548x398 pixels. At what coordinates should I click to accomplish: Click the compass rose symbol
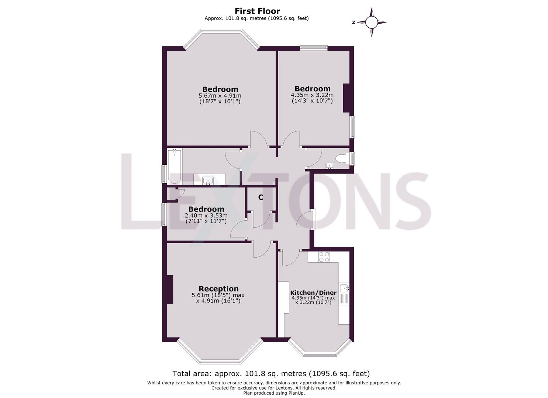click(x=372, y=22)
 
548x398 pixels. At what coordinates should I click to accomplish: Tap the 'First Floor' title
click(x=257, y=11)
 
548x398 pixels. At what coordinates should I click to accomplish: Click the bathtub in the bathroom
click(x=174, y=167)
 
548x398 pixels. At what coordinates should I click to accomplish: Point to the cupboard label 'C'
click(x=261, y=198)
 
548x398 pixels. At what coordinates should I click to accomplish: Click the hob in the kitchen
click(x=324, y=256)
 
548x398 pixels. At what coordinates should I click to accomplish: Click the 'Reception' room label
click(x=218, y=289)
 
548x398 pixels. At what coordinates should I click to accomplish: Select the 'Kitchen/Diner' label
click(x=313, y=293)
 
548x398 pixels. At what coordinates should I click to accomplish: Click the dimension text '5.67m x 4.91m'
click(x=220, y=95)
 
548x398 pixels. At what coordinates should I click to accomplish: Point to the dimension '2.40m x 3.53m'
click(x=206, y=216)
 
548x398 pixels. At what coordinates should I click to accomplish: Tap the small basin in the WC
click(x=329, y=166)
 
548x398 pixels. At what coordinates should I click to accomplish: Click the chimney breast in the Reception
click(x=170, y=290)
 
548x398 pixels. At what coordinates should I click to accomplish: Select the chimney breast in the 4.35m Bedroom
click(x=347, y=98)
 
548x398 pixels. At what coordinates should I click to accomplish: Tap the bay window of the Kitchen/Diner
click(x=319, y=348)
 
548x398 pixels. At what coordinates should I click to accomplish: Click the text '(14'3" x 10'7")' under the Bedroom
click(x=312, y=101)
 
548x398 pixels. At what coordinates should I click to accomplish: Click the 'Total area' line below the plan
click(x=271, y=374)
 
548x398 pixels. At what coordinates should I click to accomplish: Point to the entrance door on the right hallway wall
click(x=313, y=220)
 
